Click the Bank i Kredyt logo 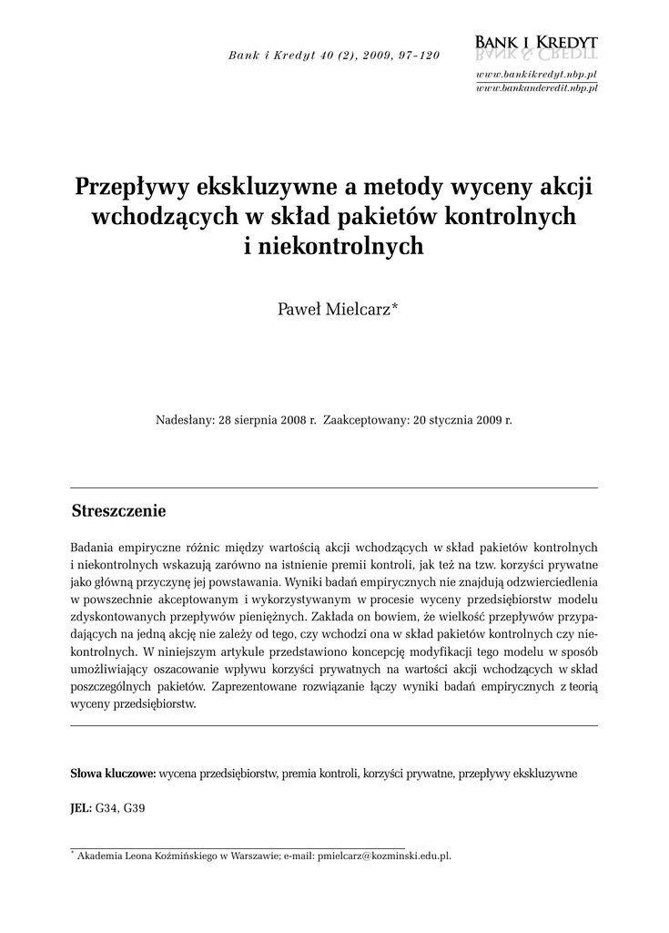pos(536,46)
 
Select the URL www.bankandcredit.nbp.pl pos(536,87)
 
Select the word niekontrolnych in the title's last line pos(342,246)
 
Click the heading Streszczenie pos(118,511)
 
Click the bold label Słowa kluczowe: pos(113,774)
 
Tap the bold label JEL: pos(81,808)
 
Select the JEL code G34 pos(106,808)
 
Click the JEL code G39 pos(134,808)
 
